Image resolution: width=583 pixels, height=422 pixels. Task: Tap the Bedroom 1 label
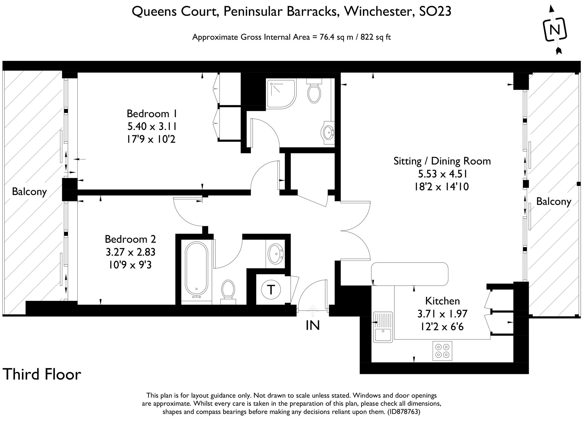point(148,113)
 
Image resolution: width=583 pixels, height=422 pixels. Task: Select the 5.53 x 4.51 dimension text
point(442,174)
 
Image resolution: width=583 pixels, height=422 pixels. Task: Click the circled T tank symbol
point(271,290)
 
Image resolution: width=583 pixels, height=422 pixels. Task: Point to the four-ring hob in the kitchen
point(442,351)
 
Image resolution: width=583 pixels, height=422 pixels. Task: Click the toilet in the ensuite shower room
point(314,90)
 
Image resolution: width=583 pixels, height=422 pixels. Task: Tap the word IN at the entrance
point(312,325)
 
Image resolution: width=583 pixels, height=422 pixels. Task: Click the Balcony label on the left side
point(29,191)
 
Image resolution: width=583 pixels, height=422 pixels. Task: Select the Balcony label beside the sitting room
point(553,201)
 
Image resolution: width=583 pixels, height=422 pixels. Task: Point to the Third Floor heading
point(42,374)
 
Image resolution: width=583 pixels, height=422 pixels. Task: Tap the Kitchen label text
point(442,301)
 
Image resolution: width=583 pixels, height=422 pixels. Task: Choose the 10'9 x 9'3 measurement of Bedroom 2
point(130,265)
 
